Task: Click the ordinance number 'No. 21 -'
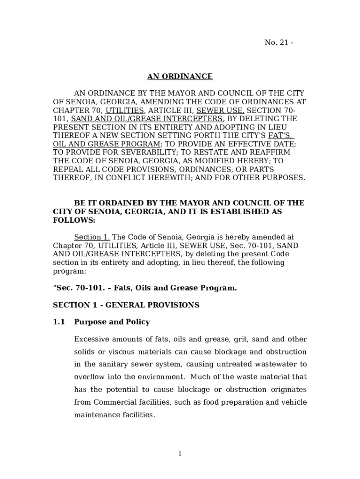pos(279,43)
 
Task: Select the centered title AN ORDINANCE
pos(180,76)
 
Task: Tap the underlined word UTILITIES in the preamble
pos(124,110)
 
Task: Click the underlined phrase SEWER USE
pos(220,110)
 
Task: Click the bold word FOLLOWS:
pos(74,220)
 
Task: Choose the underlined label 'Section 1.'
pos(92,237)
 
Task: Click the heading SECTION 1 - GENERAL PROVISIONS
pos(126,305)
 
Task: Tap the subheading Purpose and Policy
pos(112,322)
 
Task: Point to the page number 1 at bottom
pos(180,454)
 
